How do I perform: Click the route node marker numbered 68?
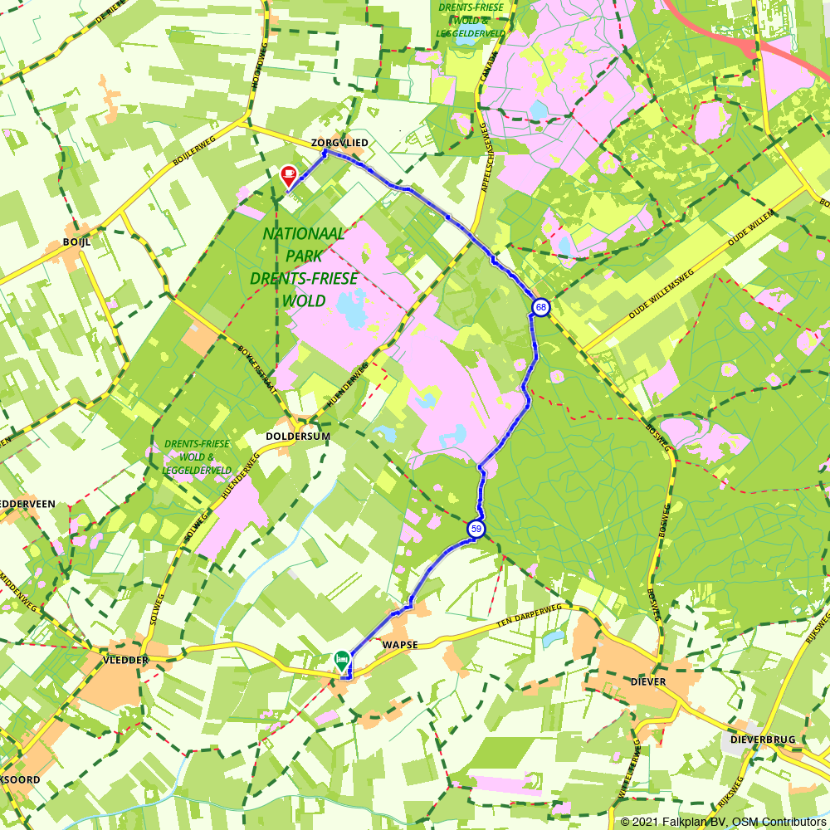point(540,308)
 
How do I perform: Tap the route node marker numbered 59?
point(476,529)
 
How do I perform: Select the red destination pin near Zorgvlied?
point(289,175)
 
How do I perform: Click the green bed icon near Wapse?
point(341,660)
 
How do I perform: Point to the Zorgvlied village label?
point(339,144)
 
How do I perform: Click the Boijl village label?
point(76,242)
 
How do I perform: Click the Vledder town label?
point(124,660)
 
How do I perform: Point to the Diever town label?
point(648,681)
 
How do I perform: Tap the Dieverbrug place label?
point(762,739)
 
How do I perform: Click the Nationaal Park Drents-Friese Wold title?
point(304,266)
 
